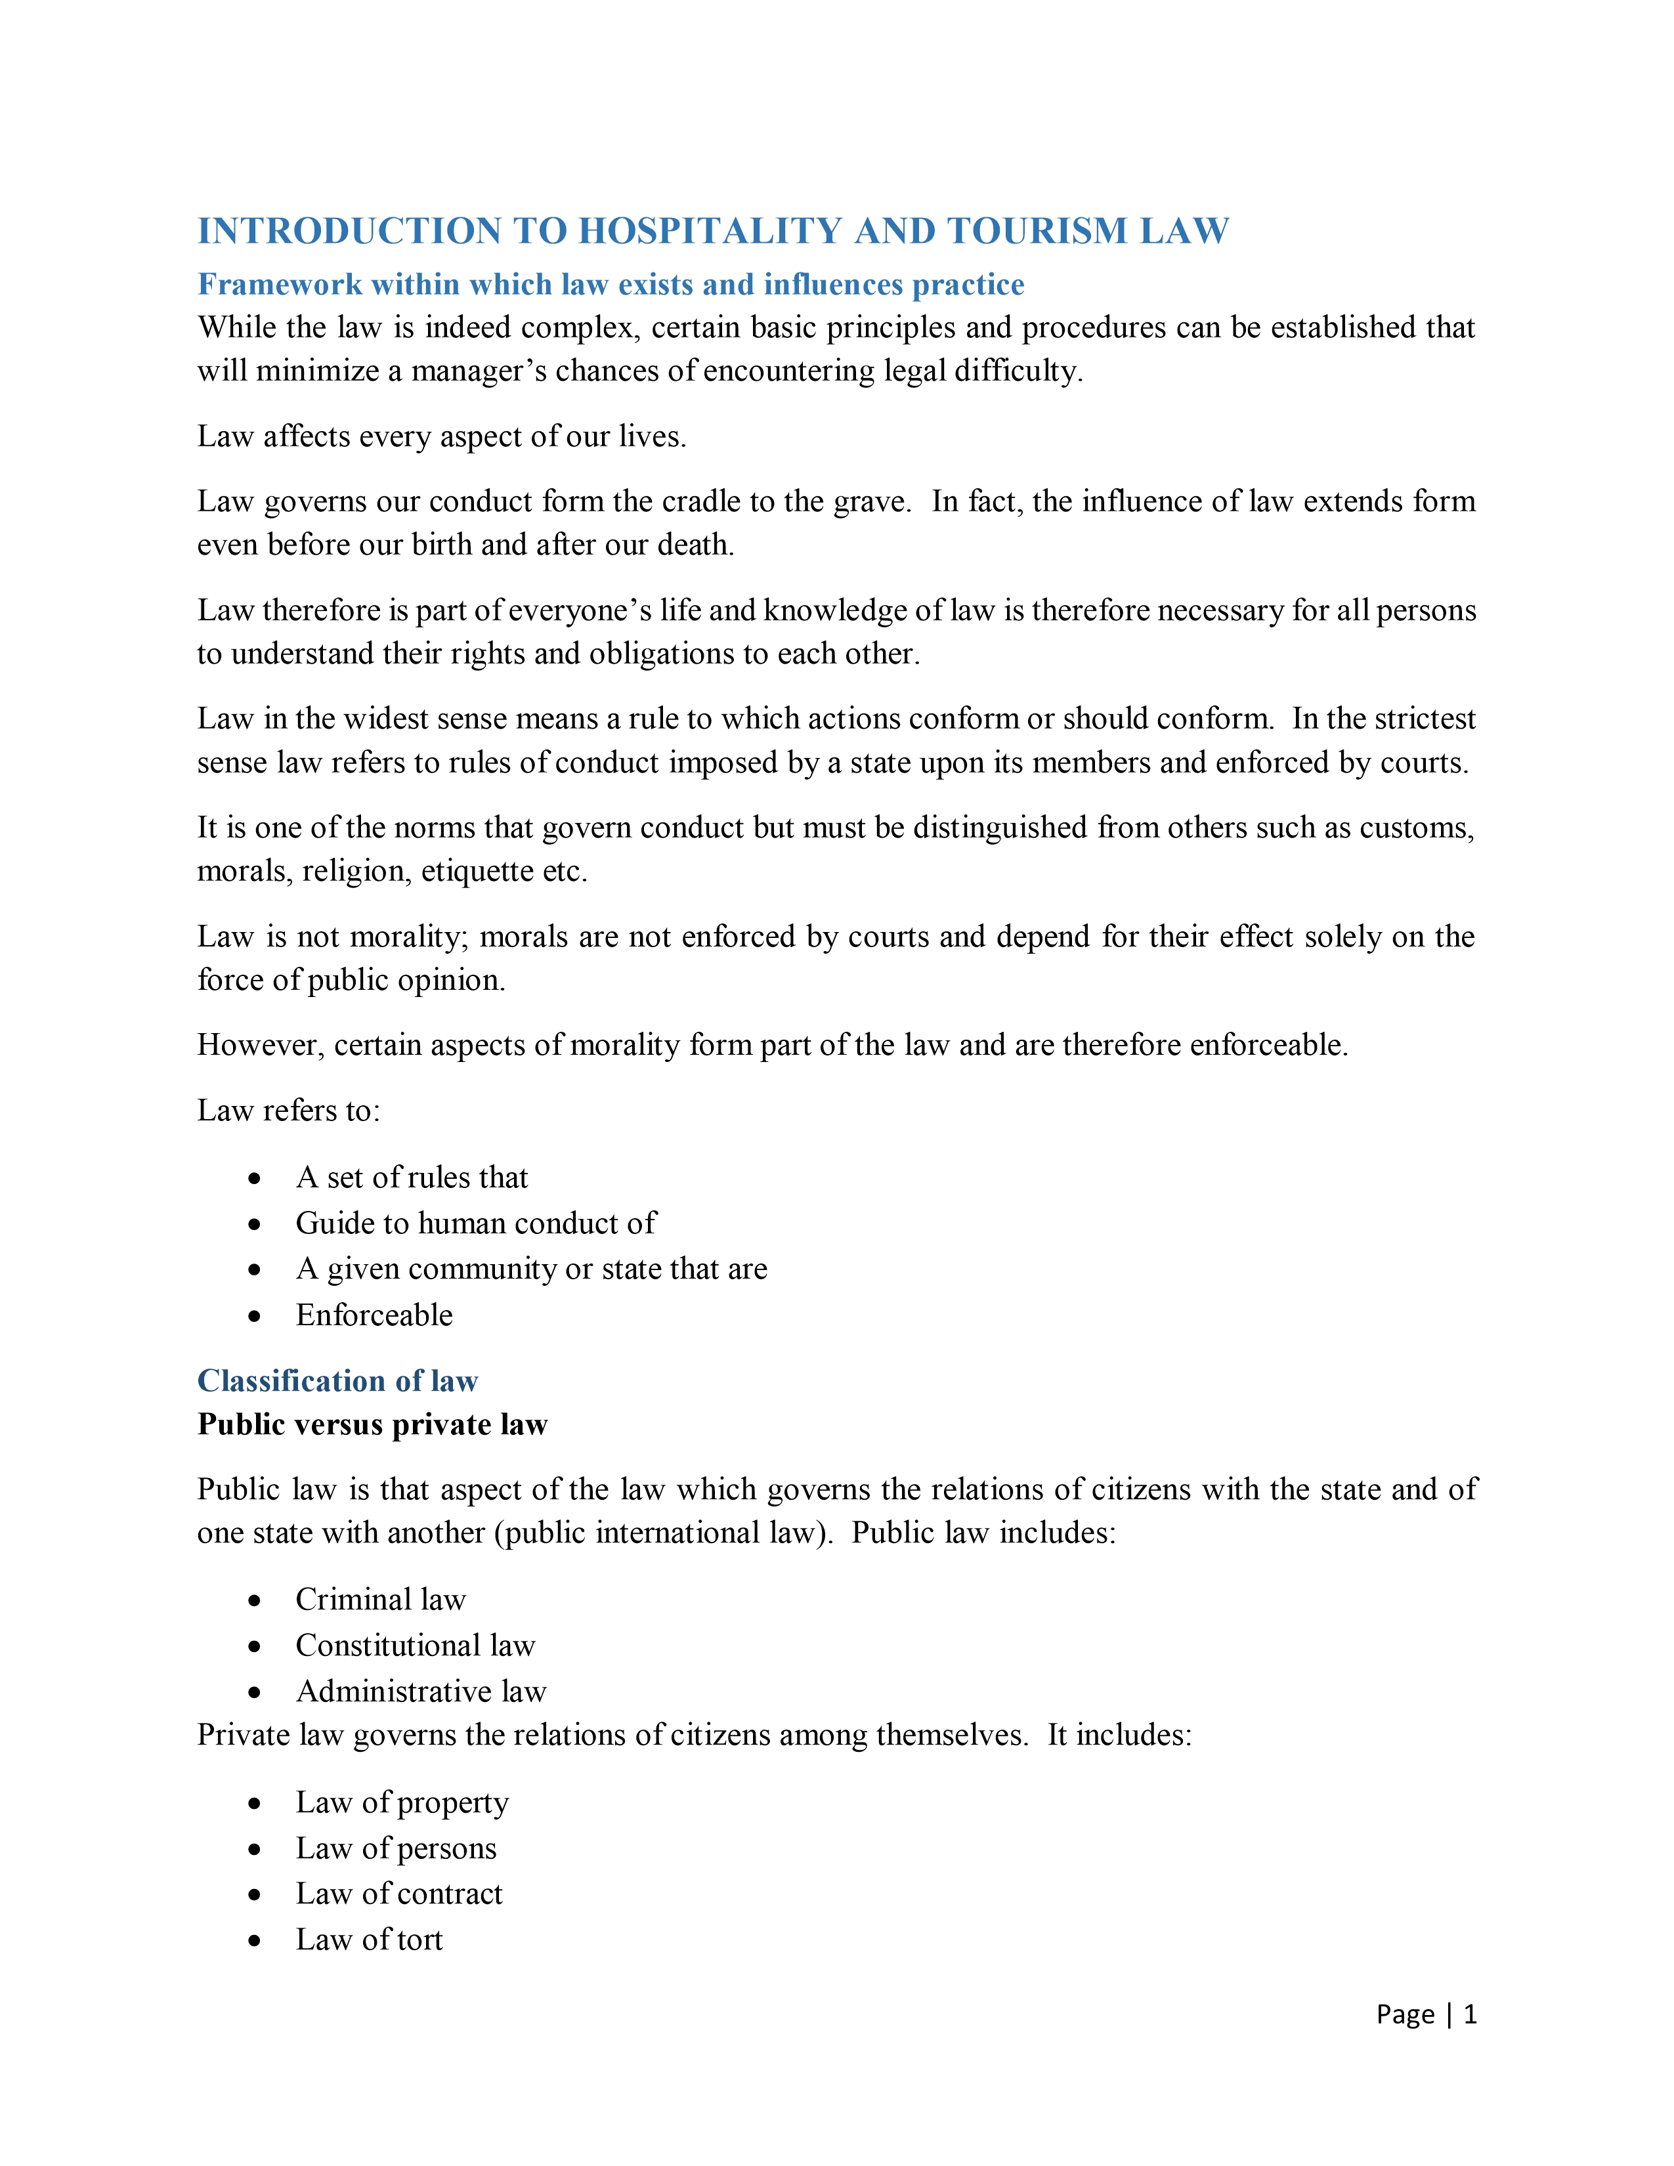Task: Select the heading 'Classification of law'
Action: click(x=337, y=1380)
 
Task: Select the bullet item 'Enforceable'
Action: click(x=374, y=1315)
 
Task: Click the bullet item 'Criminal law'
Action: click(x=380, y=1600)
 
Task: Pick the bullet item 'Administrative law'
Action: click(x=421, y=1691)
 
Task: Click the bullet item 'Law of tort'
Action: click(x=369, y=1939)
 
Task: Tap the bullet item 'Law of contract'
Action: click(x=398, y=1893)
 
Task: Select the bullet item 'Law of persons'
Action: click(x=396, y=1848)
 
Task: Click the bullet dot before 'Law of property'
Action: click(x=255, y=1803)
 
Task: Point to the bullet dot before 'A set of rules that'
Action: click(x=255, y=1178)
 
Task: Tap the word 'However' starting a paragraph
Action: click(x=260, y=1046)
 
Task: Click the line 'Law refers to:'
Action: click(x=289, y=1111)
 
